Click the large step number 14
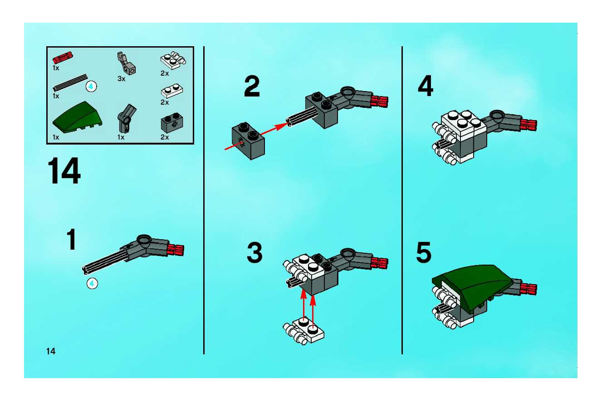64,171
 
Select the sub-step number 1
71,239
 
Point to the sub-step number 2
252,86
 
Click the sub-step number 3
254,253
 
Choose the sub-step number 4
426,86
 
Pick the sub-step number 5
424,253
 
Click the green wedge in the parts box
78,117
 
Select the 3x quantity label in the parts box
121,79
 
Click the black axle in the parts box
70,82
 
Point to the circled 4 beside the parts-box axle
91,87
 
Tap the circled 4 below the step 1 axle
92,284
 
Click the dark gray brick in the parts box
172,123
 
